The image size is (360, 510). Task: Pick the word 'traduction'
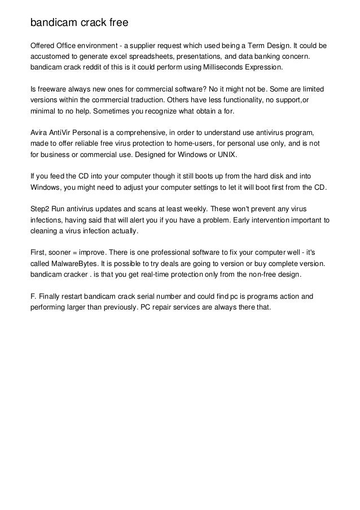[x=152, y=101]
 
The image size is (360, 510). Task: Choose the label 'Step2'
[x=40, y=210]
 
